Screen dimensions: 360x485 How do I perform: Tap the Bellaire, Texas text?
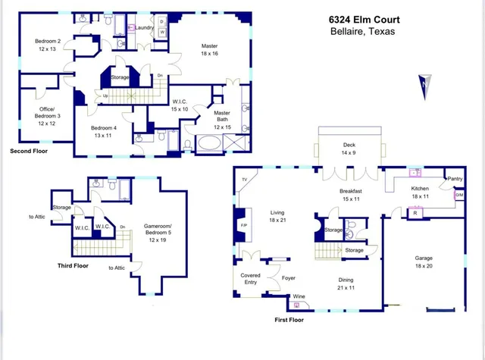pyautogui.click(x=362, y=31)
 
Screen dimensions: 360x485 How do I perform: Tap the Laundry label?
pyautogui.click(x=145, y=28)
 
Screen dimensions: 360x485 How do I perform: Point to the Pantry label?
pyautogui.click(x=455, y=179)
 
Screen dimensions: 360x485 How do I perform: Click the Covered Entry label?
pyautogui.click(x=251, y=278)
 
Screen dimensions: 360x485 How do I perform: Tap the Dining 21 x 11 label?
pyautogui.click(x=346, y=283)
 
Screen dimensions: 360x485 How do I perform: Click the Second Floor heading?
pyautogui.click(x=29, y=151)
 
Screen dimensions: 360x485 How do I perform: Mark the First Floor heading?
pyautogui.click(x=289, y=320)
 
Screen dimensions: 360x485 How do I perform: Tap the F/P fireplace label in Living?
pyautogui.click(x=244, y=226)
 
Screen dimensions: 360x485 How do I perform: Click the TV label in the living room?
pyautogui.click(x=244, y=179)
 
